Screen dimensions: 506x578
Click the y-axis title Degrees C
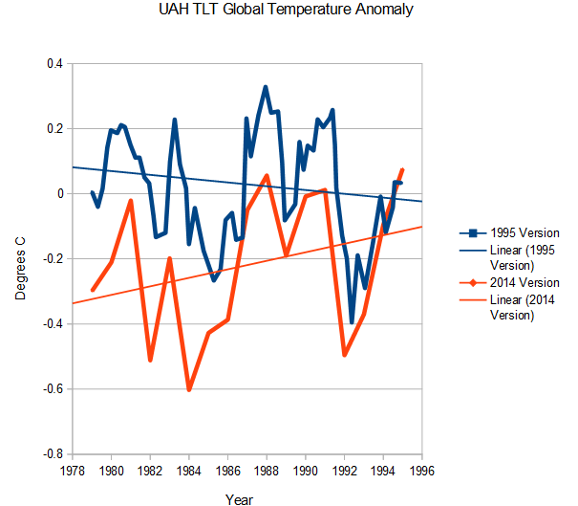click(21, 258)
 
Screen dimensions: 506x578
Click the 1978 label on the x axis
click(72, 470)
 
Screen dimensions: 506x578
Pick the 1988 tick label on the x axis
click(267, 470)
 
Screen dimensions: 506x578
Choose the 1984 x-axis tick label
click(189, 470)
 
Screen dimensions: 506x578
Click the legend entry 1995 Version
click(524, 232)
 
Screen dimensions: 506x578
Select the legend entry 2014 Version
click(524, 283)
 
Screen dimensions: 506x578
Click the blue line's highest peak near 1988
click(266, 87)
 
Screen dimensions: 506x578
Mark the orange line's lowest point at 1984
click(189, 390)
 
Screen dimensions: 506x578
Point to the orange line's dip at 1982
click(150, 360)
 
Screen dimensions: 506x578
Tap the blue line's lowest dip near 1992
click(352, 322)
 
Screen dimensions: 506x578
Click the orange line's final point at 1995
click(402, 169)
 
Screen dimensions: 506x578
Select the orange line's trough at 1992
click(344, 355)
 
